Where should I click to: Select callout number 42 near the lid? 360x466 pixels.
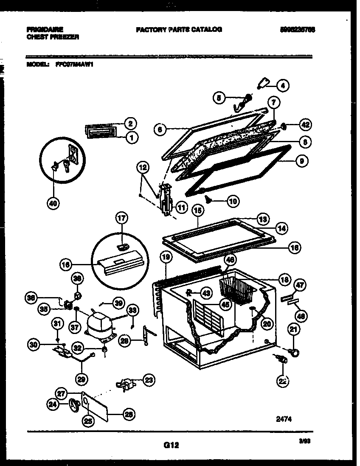click(x=305, y=125)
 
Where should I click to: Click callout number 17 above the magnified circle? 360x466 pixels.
click(x=122, y=219)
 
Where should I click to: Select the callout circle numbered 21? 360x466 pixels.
click(x=293, y=329)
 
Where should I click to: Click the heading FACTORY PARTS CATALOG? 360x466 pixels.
click(x=179, y=29)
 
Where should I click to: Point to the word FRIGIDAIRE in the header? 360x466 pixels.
click(x=45, y=29)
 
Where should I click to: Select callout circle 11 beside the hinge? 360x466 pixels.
click(x=181, y=208)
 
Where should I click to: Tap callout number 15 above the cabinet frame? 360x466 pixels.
click(x=197, y=210)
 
